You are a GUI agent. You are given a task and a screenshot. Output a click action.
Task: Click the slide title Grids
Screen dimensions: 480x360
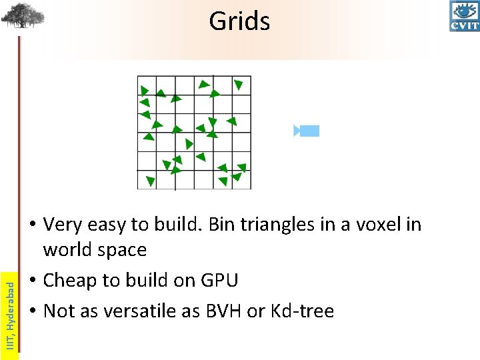tap(239, 21)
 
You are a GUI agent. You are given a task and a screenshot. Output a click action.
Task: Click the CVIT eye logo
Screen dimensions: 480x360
tap(465, 16)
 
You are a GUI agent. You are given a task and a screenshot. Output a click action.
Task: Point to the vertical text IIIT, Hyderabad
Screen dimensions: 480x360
tap(9, 313)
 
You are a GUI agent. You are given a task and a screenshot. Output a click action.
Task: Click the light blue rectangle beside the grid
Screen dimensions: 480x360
tap(309, 131)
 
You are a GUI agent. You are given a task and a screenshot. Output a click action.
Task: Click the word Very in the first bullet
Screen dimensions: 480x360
tap(63, 225)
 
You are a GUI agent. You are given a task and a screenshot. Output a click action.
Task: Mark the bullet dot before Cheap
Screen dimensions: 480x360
tap(33, 281)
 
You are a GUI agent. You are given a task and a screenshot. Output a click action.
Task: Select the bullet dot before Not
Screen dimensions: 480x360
tap(33, 311)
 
